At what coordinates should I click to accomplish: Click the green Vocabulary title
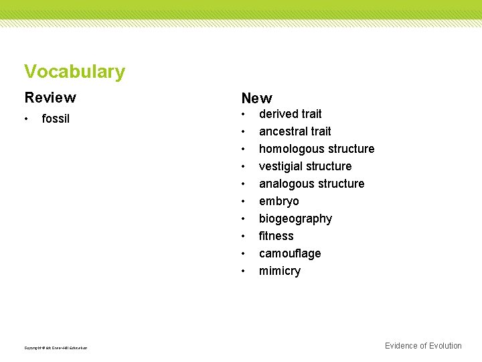tap(74, 72)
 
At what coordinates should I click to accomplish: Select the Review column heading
tap(50, 98)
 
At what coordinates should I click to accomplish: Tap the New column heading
tap(257, 99)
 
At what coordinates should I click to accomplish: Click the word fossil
tap(56, 119)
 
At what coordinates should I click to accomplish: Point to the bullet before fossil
tap(26, 119)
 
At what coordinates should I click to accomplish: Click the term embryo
tap(279, 201)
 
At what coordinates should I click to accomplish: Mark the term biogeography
tap(295, 219)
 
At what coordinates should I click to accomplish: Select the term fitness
tap(276, 236)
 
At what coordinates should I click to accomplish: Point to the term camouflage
tap(290, 253)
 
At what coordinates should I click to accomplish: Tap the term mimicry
tap(280, 271)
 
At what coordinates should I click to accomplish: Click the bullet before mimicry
tap(244, 271)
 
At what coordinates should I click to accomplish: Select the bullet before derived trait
tap(244, 114)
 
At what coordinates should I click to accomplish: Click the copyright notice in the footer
tap(56, 347)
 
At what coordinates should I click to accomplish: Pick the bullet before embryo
tap(244, 201)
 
